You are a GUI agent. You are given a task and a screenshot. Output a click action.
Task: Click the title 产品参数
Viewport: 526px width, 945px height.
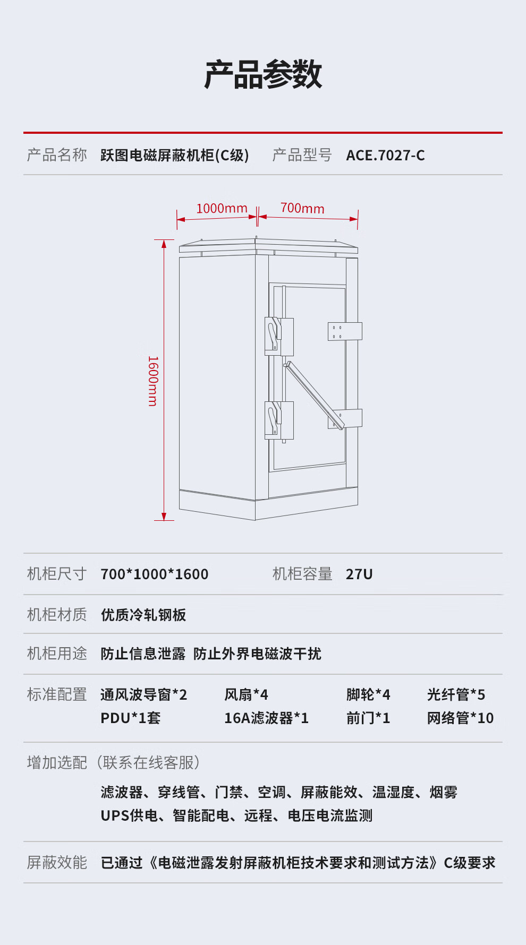pyautogui.click(x=263, y=74)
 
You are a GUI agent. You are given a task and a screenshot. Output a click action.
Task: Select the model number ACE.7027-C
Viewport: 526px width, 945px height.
pyautogui.click(x=385, y=155)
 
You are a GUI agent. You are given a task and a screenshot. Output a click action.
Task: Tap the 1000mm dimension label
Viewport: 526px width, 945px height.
pyautogui.click(x=222, y=208)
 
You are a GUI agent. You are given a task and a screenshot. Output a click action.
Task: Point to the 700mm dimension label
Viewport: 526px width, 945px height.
pyautogui.click(x=302, y=208)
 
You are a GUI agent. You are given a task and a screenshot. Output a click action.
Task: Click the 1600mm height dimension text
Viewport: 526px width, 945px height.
pyautogui.click(x=153, y=381)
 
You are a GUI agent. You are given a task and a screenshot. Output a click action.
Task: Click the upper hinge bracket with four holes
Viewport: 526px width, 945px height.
pyautogui.click(x=345, y=331)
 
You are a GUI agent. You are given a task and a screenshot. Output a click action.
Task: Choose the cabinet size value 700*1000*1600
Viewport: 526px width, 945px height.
pyautogui.click(x=154, y=574)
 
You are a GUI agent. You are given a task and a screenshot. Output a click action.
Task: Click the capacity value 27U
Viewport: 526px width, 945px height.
pyautogui.click(x=359, y=574)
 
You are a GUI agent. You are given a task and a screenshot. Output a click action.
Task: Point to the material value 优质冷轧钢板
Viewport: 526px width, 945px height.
pyautogui.click(x=143, y=615)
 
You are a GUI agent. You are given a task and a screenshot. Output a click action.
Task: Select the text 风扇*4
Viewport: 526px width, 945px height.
pyautogui.click(x=246, y=694)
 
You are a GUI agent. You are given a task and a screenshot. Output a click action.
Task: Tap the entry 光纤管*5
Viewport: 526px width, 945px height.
pyautogui.click(x=456, y=694)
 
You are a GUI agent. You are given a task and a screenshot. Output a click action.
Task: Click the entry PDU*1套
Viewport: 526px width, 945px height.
pyautogui.click(x=130, y=718)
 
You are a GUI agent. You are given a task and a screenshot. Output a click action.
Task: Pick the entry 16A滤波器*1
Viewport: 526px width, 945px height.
pyautogui.click(x=266, y=718)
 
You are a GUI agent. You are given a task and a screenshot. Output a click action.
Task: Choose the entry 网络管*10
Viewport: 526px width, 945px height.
pyautogui.click(x=460, y=718)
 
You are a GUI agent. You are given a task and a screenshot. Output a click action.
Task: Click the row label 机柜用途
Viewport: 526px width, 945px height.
pyautogui.click(x=57, y=654)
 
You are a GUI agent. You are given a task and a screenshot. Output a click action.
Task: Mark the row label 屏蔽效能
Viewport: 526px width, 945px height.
pyautogui.click(x=57, y=862)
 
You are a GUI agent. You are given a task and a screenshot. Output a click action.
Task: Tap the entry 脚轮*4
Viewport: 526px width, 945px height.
pyautogui.click(x=368, y=694)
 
